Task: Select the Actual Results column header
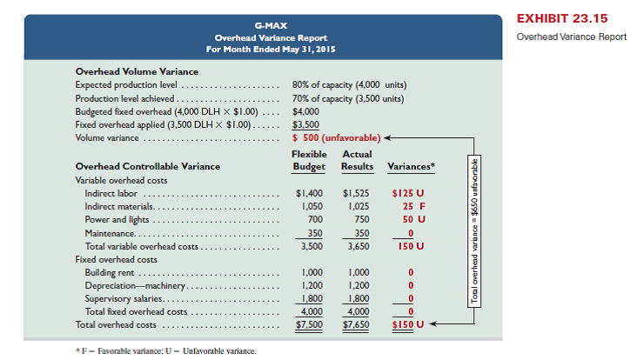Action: click(x=357, y=160)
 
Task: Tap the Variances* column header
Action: click(x=408, y=165)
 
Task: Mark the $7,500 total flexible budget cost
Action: click(x=306, y=325)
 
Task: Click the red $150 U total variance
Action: click(x=405, y=325)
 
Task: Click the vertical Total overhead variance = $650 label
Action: click(x=474, y=230)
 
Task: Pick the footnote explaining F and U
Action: click(x=165, y=350)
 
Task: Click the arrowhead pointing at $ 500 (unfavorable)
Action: click(x=386, y=137)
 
